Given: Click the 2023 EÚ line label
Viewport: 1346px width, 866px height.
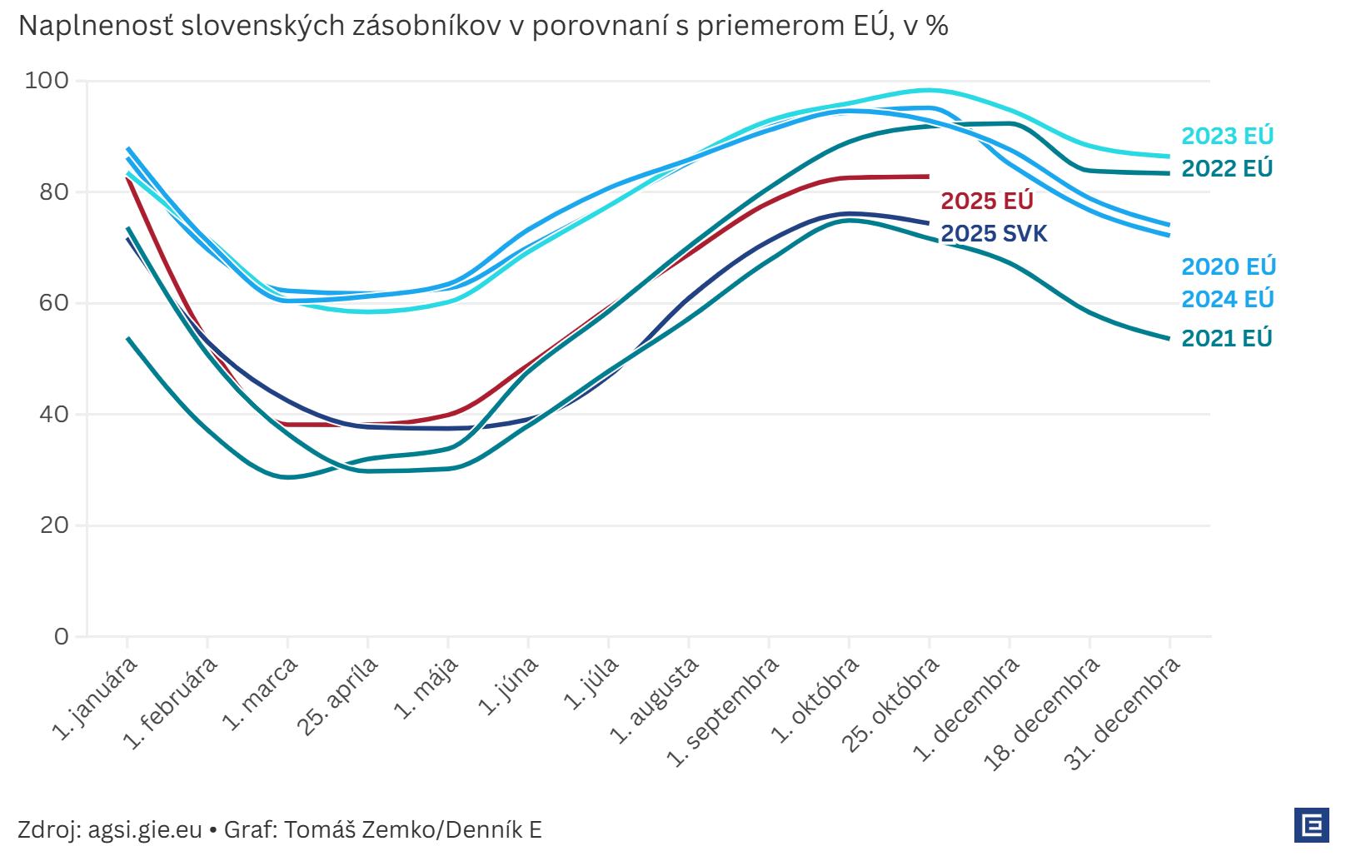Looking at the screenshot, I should pos(1227,136).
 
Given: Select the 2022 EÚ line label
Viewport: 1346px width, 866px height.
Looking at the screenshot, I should pos(1227,168).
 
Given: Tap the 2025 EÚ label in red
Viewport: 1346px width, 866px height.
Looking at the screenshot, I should pos(986,201).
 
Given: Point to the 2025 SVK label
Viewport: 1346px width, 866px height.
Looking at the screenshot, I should pos(994,233).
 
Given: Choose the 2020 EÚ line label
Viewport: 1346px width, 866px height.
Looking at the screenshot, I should pos(1229,266).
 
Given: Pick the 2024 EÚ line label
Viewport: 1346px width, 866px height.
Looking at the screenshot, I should pos(1228,299).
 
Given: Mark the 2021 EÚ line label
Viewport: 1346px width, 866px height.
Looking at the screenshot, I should pos(1227,338).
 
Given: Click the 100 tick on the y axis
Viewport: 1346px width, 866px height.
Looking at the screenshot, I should pos(47,81).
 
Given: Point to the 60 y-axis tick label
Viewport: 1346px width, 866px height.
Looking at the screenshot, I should pos(53,303).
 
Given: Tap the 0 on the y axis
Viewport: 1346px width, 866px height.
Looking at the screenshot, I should pos(62,637).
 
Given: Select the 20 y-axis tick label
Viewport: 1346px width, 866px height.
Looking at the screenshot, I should pos(53,525).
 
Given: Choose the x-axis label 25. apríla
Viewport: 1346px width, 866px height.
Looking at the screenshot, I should pos(338,695).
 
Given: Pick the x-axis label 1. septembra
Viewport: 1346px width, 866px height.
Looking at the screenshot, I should pos(723,711).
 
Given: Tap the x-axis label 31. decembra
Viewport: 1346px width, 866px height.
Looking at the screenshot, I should pos(1123,713).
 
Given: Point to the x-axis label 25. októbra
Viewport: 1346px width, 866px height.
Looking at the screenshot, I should pos(890,704).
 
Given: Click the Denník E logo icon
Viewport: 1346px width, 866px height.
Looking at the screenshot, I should pos(1311,825).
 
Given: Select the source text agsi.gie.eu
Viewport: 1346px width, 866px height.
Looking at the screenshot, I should pos(145,829).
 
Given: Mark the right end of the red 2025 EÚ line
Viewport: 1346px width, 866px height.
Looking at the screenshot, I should pos(928,177).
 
